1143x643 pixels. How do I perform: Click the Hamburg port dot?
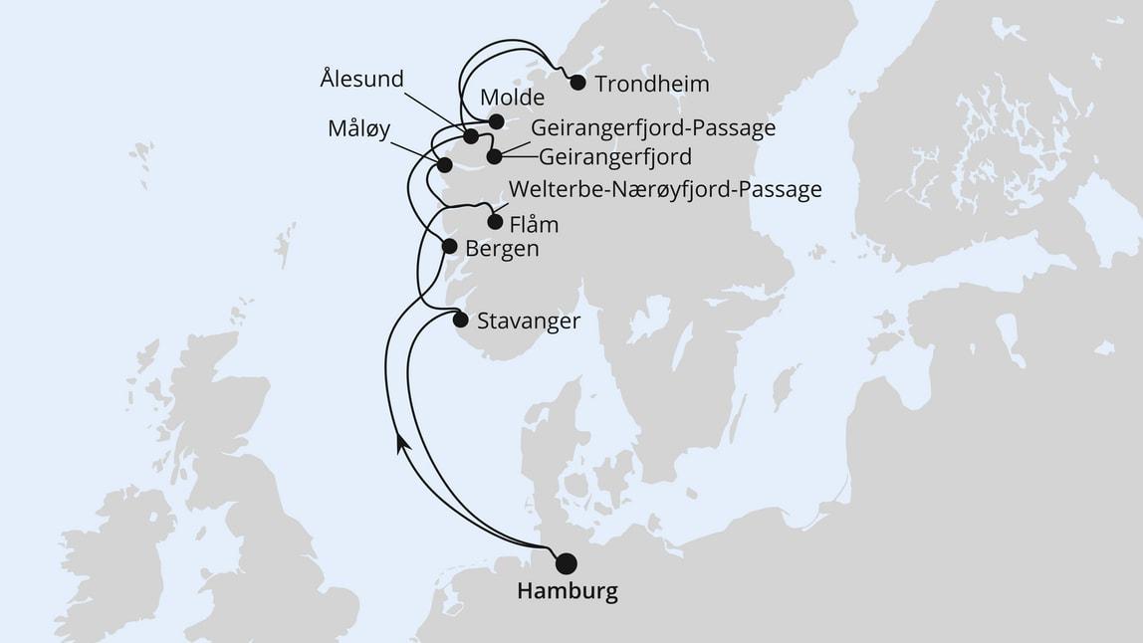click(x=566, y=563)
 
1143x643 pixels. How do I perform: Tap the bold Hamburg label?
click(x=568, y=591)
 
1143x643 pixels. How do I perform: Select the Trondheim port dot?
click(x=577, y=83)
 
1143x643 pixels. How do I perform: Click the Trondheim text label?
click(x=651, y=84)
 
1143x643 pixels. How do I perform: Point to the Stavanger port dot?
click(x=460, y=320)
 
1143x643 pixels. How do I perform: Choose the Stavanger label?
click(x=528, y=321)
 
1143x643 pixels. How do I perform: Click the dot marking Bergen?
click(x=449, y=246)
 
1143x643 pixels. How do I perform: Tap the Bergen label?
click(x=502, y=248)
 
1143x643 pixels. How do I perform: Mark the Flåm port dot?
click(x=495, y=222)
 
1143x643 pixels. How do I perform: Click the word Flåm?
click(x=534, y=224)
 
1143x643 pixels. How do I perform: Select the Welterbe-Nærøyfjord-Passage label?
click(x=664, y=189)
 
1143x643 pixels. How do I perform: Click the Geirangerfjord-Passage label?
click(x=653, y=127)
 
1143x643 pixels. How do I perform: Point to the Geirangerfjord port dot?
click(x=494, y=155)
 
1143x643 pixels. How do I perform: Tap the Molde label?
click(x=512, y=98)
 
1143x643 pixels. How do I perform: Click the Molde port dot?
click(x=497, y=121)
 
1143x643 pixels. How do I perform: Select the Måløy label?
click(x=358, y=129)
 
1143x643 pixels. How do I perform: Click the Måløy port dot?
click(x=445, y=164)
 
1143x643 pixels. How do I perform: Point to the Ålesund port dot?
click(x=471, y=136)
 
